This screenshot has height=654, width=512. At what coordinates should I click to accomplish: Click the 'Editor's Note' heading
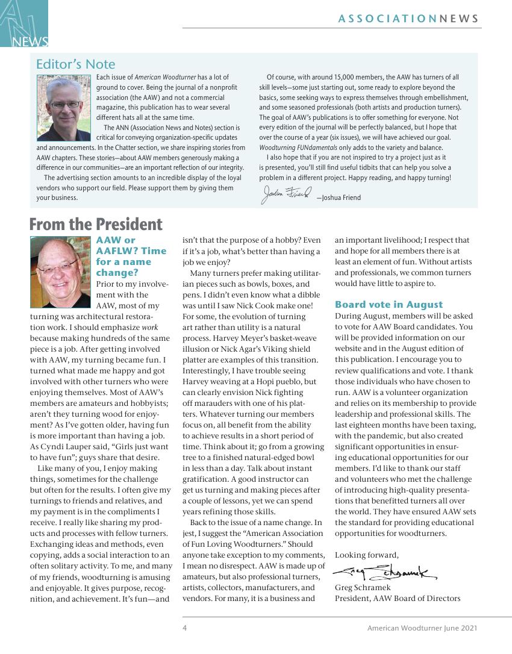(x=75, y=64)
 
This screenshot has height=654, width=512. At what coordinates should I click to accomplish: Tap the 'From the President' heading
(x=96, y=225)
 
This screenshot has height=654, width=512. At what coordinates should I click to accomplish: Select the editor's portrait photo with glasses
(x=63, y=107)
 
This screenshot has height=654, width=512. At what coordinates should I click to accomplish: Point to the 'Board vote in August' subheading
(x=389, y=305)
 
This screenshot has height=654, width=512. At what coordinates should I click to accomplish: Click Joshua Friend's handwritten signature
(x=286, y=194)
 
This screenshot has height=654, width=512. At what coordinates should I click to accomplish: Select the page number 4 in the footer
(x=185, y=628)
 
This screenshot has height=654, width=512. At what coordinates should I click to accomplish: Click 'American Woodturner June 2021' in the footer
(x=422, y=628)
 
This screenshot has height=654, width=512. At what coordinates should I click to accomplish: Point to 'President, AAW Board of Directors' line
(x=398, y=598)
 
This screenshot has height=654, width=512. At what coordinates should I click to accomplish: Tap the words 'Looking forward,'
(x=366, y=555)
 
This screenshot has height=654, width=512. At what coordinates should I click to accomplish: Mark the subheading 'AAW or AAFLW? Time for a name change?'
(x=131, y=256)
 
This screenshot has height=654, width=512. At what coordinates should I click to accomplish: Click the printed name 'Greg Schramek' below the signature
(x=363, y=587)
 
